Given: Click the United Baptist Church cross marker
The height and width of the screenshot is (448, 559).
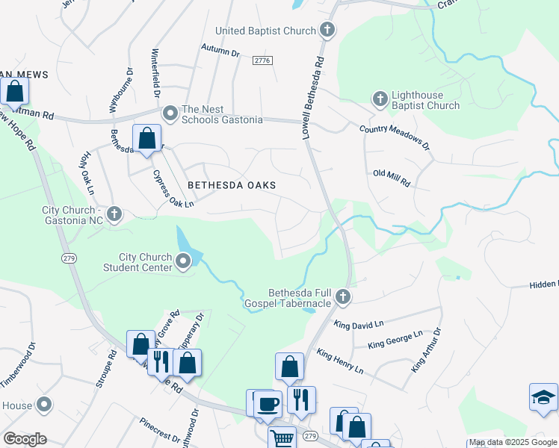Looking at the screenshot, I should point(327,31).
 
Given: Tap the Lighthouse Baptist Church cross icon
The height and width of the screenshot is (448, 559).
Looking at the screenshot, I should point(380,99).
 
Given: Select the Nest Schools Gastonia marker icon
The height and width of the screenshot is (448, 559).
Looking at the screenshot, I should point(170,113).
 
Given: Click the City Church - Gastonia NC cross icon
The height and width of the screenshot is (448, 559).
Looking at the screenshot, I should point(114,215).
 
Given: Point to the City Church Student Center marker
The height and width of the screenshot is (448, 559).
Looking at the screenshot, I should point(185,260).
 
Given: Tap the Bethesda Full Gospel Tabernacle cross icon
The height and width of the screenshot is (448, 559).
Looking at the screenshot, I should point(342,297).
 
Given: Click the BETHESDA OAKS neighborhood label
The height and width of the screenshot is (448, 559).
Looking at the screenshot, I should point(232,185).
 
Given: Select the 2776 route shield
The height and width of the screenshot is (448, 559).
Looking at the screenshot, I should point(261,60).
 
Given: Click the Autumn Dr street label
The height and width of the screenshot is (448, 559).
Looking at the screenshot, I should point(220,53).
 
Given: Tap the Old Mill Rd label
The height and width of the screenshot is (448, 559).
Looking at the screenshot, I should point(392,178).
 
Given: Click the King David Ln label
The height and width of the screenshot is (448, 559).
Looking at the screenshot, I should point(359,325).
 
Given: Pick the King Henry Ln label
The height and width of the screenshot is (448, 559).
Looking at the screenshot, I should point(339,361).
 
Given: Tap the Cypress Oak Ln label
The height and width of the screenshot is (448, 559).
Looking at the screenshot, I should point(173,189).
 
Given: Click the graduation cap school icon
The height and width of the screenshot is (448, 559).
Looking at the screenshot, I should point(543,397).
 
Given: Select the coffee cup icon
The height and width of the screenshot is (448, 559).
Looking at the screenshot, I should point(268,405).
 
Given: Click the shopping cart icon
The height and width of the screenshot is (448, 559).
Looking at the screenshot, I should point(281,438).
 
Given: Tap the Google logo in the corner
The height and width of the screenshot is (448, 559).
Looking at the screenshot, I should point(25,439).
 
